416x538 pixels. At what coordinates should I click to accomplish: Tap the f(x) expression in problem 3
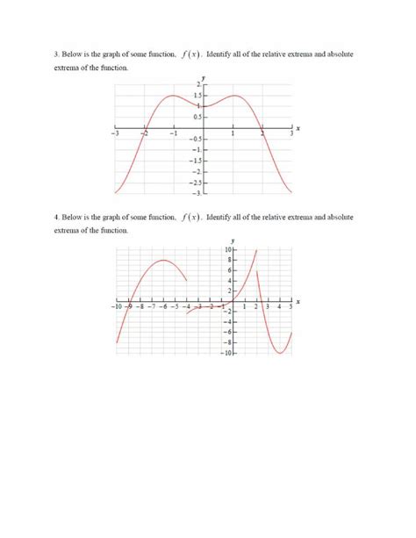(190, 54)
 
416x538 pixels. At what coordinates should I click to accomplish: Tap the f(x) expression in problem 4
(190, 216)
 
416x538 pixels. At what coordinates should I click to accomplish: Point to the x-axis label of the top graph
(298, 129)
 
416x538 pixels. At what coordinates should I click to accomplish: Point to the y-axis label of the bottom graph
(233, 240)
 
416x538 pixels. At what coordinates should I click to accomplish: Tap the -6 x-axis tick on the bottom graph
(163, 309)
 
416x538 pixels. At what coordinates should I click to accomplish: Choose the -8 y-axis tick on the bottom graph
(226, 342)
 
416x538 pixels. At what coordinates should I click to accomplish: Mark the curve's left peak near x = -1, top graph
(174, 96)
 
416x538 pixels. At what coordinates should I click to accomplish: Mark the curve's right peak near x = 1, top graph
(234, 96)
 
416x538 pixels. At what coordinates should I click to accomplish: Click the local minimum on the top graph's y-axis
(204, 106)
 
